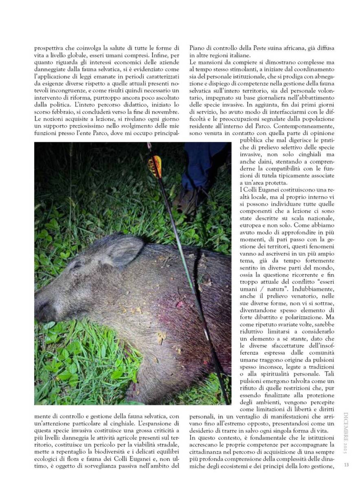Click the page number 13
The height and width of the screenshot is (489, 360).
click(346, 465)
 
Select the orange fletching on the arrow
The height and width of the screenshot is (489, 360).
click(155, 166)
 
